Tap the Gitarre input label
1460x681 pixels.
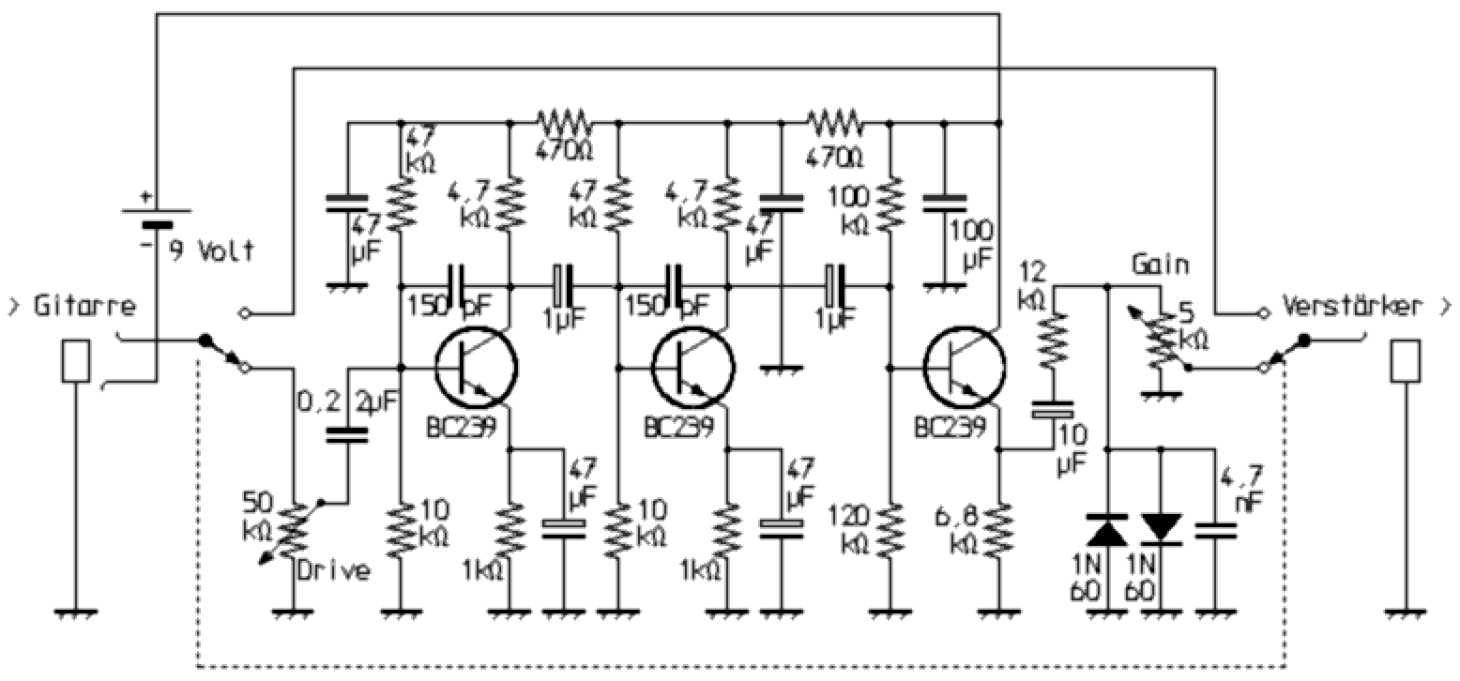point(84,306)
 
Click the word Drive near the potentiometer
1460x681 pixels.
point(333,570)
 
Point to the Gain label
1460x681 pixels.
point(1160,265)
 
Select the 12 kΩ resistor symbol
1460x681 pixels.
point(1052,341)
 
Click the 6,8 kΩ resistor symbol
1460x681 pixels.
point(1000,530)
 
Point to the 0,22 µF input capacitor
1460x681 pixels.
point(348,433)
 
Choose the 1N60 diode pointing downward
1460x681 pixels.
point(1162,528)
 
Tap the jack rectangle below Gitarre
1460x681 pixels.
point(75,361)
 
